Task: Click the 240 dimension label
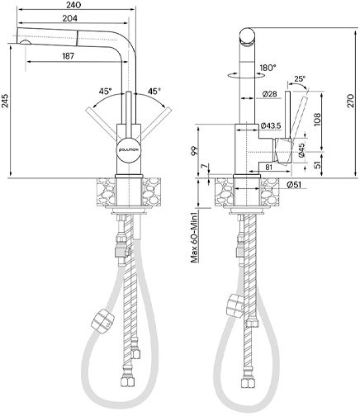click(x=73, y=5)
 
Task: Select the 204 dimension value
click(x=69, y=18)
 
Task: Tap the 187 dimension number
click(x=69, y=56)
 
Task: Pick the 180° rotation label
click(x=268, y=68)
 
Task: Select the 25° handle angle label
click(x=300, y=79)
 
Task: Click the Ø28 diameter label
click(x=270, y=94)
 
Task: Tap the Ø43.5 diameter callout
click(x=271, y=125)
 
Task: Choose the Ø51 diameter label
click(x=293, y=185)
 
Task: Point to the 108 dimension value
click(x=317, y=120)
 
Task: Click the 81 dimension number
click(x=268, y=167)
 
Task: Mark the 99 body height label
click(x=195, y=151)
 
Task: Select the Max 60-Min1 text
click(x=195, y=238)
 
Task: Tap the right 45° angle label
click(x=154, y=91)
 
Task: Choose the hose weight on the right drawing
click(x=235, y=305)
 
